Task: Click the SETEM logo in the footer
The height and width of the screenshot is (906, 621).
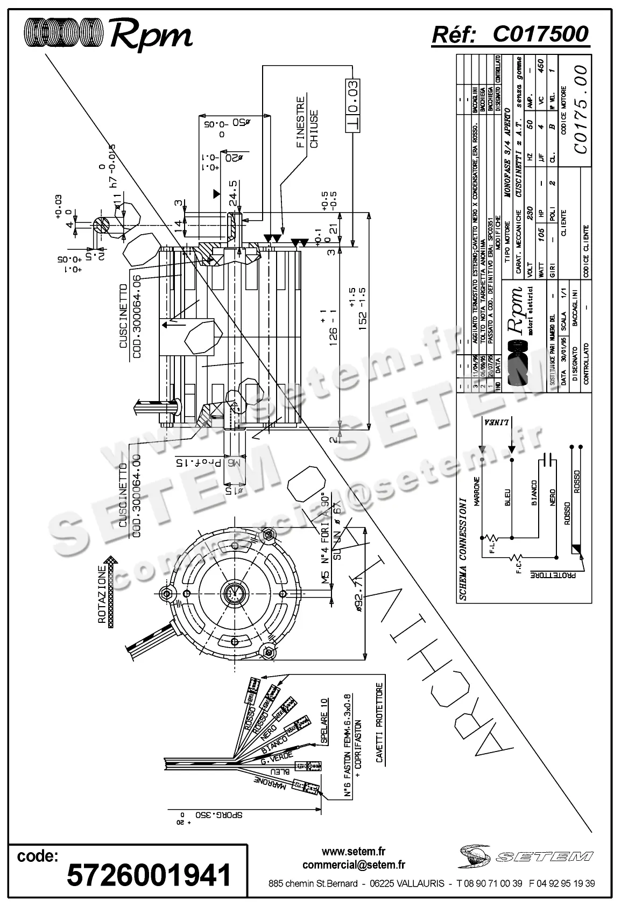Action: pyautogui.click(x=526, y=856)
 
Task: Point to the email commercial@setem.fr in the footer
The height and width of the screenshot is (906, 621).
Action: pyautogui.click(x=354, y=865)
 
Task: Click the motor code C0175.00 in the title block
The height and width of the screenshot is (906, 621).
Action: pyautogui.click(x=580, y=110)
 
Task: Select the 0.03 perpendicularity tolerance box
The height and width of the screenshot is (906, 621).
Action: pyautogui.click(x=352, y=106)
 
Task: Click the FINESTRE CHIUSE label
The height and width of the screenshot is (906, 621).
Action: pyautogui.click(x=307, y=122)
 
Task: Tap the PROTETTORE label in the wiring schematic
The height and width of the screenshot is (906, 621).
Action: pyautogui.click(x=553, y=574)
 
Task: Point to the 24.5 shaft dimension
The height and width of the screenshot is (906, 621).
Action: pyautogui.click(x=233, y=191)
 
